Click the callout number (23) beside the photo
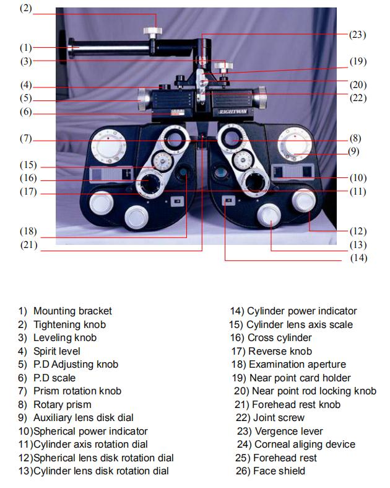[x=357, y=35]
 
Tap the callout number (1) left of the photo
[x=25, y=47]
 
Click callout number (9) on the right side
[x=353, y=151]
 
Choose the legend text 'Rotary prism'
[x=62, y=404]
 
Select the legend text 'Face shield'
[x=279, y=471]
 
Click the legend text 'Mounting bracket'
[x=72, y=311]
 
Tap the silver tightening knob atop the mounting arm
[x=150, y=31]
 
